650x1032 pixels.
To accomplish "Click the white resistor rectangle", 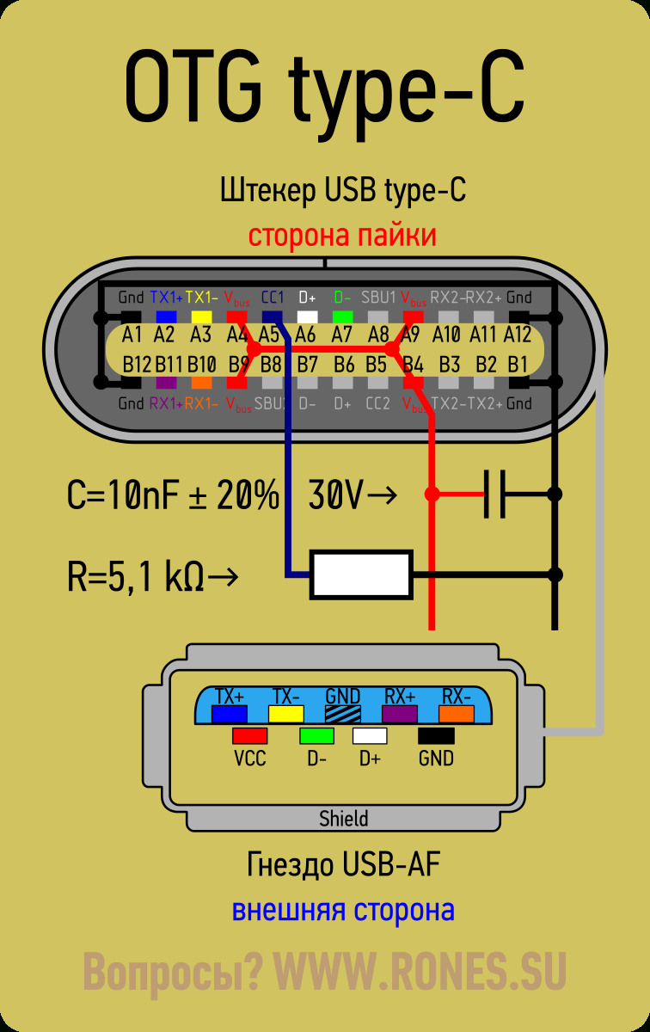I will pyautogui.click(x=361, y=574).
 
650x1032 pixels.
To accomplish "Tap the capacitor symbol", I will pyautogui.click(x=494, y=494).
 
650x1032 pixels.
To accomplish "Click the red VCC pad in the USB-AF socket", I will pyautogui.click(x=249, y=736).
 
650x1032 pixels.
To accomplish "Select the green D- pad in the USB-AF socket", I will pyautogui.click(x=316, y=736).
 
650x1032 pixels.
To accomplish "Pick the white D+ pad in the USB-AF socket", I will pyautogui.click(x=370, y=736).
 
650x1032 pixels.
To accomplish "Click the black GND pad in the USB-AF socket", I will pyautogui.click(x=436, y=736).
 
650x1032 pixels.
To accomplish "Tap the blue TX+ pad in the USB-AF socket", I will pyautogui.click(x=230, y=713).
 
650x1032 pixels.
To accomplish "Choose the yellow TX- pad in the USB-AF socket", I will pyautogui.click(x=285, y=713).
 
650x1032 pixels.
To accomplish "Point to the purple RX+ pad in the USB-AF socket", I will pyautogui.click(x=400, y=713).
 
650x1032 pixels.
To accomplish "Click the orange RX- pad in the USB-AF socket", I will pyautogui.click(x=457, y=713).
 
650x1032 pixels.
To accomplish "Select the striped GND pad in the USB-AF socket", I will pyautogui.click(x=342, y=713).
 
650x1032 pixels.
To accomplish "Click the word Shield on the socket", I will pyautogui.click(x=343, y=818).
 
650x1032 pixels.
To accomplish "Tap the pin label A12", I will pyautogui.click(x=518, y=334).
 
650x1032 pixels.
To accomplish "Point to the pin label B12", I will pyautogui.click(x=137, y=364).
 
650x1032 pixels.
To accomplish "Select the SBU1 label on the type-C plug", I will pyautogui.click(x=378, y=298).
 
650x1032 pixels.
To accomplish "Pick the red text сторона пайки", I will pyautogui.click(x=342, y=236).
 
